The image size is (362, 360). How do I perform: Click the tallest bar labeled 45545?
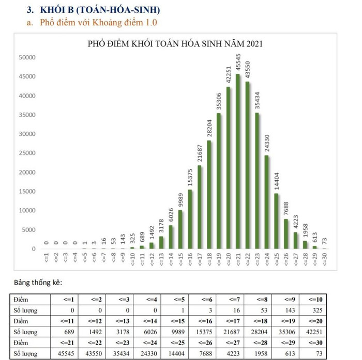(x=238, y=162)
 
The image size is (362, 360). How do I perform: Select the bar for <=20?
(x=228, y=168)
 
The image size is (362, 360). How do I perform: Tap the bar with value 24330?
(x=267, y=202)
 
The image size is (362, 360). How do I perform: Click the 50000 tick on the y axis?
(x=27, y=57)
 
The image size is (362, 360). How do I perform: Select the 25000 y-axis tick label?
(x=27, y=153)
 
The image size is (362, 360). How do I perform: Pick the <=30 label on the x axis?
(x=324, y=258)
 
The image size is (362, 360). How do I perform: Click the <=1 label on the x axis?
(x=47, y=258)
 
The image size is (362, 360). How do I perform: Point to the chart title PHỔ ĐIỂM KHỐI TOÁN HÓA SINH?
(x=176, y=43)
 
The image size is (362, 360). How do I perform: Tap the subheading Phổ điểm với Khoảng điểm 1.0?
(x=98, y=22)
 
